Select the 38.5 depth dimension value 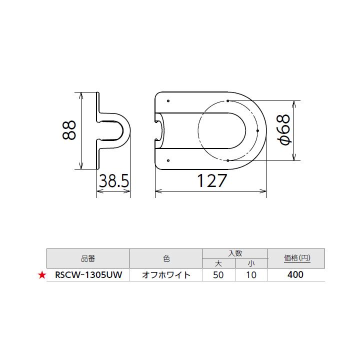pos(113,181)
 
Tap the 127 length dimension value pos(211,181)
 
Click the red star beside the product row pos(42,275)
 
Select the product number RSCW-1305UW pos(87,275)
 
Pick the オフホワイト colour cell pos(166,275)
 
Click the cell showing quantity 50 pos(218,275)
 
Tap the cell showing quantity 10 pos(251,275)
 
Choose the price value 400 pos(296,275)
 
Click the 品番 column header pos(87,258)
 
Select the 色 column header pos(166,258)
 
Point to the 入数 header pos(234,253)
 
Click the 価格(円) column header pos(296,258)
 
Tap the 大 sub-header pos(218,263)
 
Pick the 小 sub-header pos(251,263)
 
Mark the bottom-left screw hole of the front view pos(168,160)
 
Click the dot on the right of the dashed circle pos(257,130)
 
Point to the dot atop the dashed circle pos(227,100)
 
